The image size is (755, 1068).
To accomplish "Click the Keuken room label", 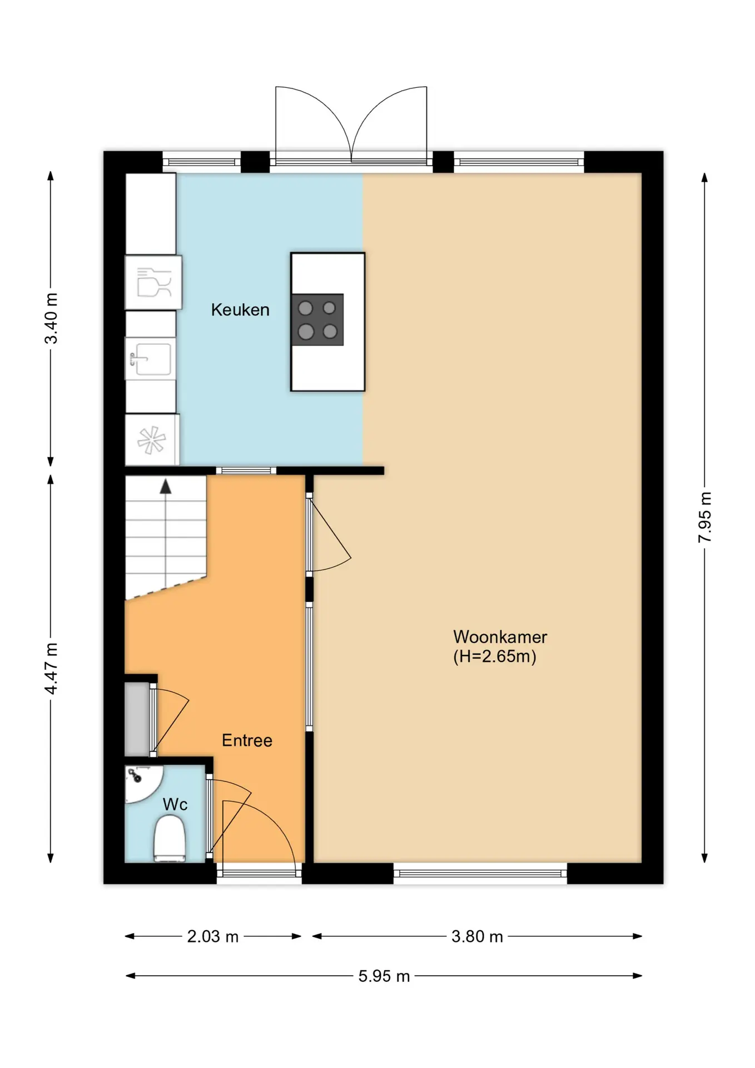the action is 240,310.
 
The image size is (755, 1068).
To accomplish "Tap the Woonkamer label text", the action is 500,637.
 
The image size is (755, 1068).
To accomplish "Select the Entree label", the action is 247,740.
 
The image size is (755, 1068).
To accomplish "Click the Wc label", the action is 175,804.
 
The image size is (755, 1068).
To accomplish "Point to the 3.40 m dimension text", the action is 51,318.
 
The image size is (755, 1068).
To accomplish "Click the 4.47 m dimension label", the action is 51,669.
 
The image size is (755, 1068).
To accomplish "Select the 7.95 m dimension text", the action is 705,517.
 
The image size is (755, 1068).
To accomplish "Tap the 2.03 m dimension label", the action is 212,937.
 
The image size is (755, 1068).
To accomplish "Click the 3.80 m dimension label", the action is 477,937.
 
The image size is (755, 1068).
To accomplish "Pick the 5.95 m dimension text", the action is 384,976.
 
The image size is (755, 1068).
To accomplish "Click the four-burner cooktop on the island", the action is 317,320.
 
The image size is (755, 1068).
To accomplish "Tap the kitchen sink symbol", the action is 150,359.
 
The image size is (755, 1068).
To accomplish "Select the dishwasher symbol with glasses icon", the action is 153,283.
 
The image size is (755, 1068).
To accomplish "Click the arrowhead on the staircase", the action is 166,487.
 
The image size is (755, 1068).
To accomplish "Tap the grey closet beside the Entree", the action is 137,719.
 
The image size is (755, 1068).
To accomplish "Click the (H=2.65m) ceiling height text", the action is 494,656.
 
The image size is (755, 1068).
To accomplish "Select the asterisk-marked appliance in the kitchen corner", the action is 152,439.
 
